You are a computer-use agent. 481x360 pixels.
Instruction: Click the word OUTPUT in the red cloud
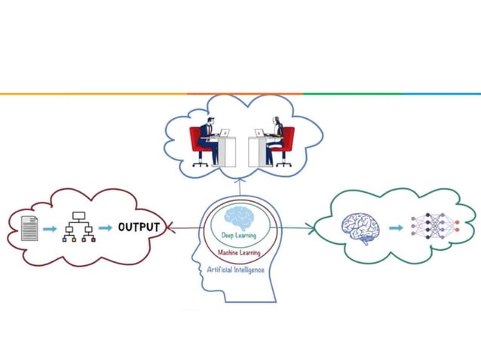click(139, 227)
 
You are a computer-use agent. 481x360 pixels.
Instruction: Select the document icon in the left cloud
click(29, 227)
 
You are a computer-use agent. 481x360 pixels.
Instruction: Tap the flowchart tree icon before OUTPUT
click(78, 226)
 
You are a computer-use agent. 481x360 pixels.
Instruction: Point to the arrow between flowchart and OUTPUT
click(105, 227)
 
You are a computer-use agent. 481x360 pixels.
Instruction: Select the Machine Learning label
click(240, 252)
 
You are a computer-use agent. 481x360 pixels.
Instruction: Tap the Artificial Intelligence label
click(236, 269)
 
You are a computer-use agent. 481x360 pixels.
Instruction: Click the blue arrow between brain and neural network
click(394, 226)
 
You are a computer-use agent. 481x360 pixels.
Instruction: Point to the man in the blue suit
click(211, 139)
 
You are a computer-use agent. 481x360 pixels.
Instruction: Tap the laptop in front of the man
click(224, 133)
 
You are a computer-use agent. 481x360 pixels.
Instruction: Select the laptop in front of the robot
click(260, 133)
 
